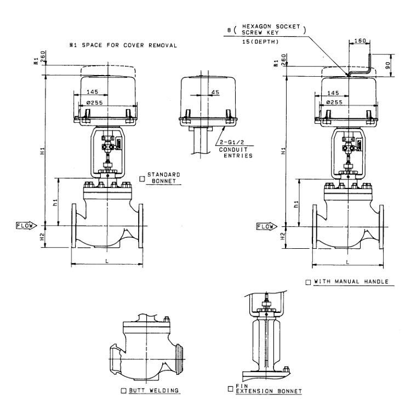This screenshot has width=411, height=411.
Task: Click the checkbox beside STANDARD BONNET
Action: coord(142,178)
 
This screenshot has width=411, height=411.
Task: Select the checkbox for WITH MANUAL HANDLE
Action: coord(308,282)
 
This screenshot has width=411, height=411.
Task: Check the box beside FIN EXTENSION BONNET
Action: coord(230,389)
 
